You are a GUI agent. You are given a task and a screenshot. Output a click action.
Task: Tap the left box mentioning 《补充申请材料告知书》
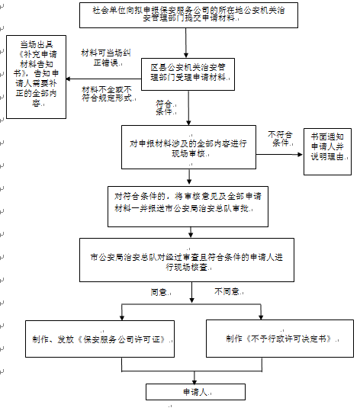[35, 77]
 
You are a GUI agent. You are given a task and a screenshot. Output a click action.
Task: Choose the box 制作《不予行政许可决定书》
[280, 337]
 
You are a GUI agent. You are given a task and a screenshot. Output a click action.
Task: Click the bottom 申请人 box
[187, 392]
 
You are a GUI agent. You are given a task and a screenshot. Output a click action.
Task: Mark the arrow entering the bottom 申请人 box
[187, 377]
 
